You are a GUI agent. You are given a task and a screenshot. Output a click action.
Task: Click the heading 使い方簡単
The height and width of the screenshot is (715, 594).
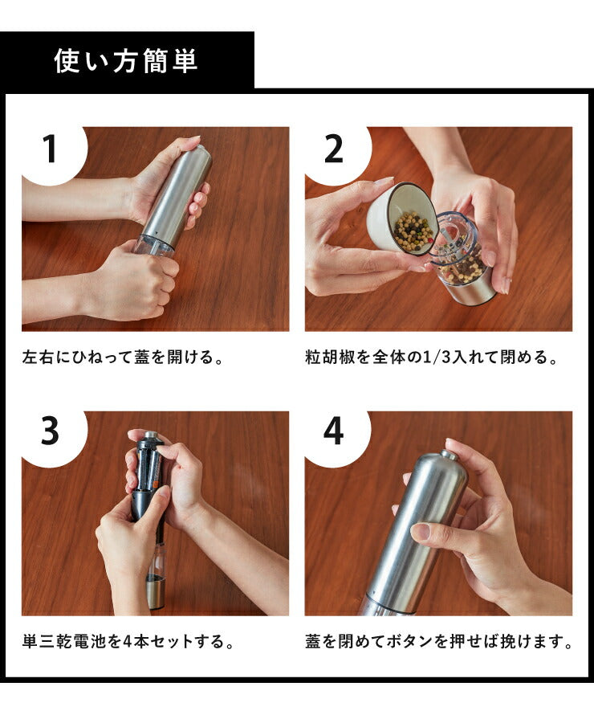[126, 61]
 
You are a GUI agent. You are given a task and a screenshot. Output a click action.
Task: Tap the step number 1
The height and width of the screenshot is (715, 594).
[51, 149]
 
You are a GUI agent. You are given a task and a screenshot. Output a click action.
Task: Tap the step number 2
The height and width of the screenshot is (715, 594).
[334, 149]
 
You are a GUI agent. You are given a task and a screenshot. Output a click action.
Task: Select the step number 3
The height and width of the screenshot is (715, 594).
[51, 433]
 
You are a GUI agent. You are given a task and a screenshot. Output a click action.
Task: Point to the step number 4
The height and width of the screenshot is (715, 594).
[334, 433]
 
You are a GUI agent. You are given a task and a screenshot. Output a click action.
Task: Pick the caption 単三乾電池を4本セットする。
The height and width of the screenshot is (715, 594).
[128, 642]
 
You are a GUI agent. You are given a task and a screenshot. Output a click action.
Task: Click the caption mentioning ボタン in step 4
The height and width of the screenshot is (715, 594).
[438, 642]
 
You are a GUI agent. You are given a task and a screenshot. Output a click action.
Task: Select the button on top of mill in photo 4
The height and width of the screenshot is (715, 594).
[450, 455]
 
